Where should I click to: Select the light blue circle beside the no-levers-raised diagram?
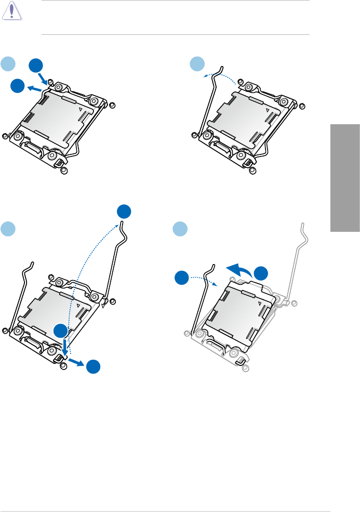point(7,63)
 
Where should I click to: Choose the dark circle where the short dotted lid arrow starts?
point(182,278)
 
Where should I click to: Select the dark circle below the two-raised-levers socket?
point(94,367)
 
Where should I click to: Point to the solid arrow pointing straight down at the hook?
point(64,347)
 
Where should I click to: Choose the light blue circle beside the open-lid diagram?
point(180,229)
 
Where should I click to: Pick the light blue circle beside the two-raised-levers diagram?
point(7,229)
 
